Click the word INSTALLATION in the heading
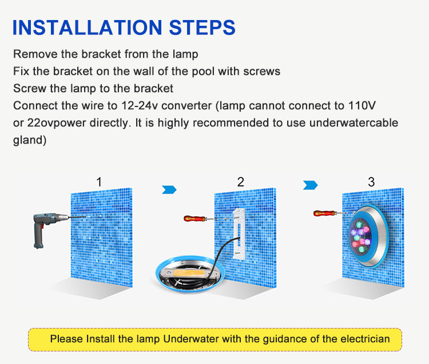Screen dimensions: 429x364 (x=88, y=27)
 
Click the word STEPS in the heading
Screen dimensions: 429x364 (x=202, y=27)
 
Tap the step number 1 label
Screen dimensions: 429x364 (x=99, y=182)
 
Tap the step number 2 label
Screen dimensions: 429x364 (x=240, y=182)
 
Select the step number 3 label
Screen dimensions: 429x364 (x=371, y=182)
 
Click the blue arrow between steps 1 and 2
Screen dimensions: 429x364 (x=169, y=189)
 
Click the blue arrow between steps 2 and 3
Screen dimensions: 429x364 (x=310, y=185)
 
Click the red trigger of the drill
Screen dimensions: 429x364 (x=42, y=227)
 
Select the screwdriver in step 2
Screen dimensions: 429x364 (x=201, y=219)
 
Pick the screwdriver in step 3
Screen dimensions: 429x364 (x=330, y=213)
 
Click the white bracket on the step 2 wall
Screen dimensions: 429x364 (x=239, y=234)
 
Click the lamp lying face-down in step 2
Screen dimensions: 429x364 (x=190, y=274)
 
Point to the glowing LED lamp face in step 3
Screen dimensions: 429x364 (x=360, y=236)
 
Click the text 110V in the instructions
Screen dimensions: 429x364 (x=362, y=105)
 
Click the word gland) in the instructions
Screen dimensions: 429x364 (x=30, y=140)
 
